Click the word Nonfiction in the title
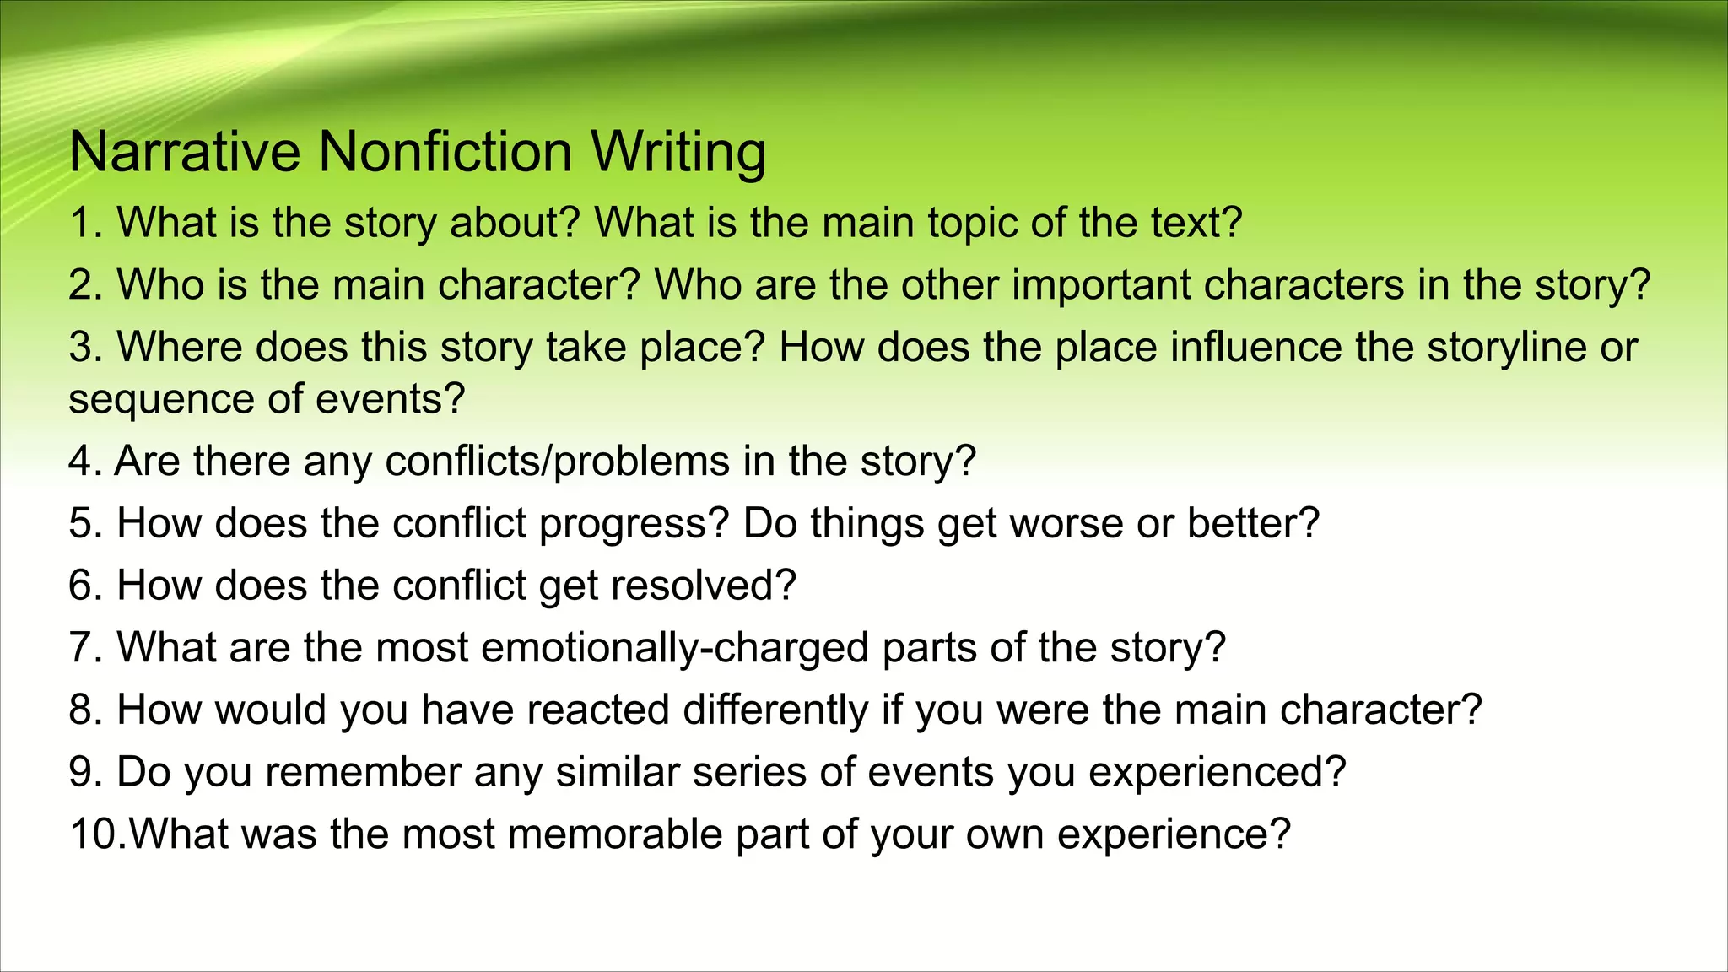coord(445,152)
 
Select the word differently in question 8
coord(775,710)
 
